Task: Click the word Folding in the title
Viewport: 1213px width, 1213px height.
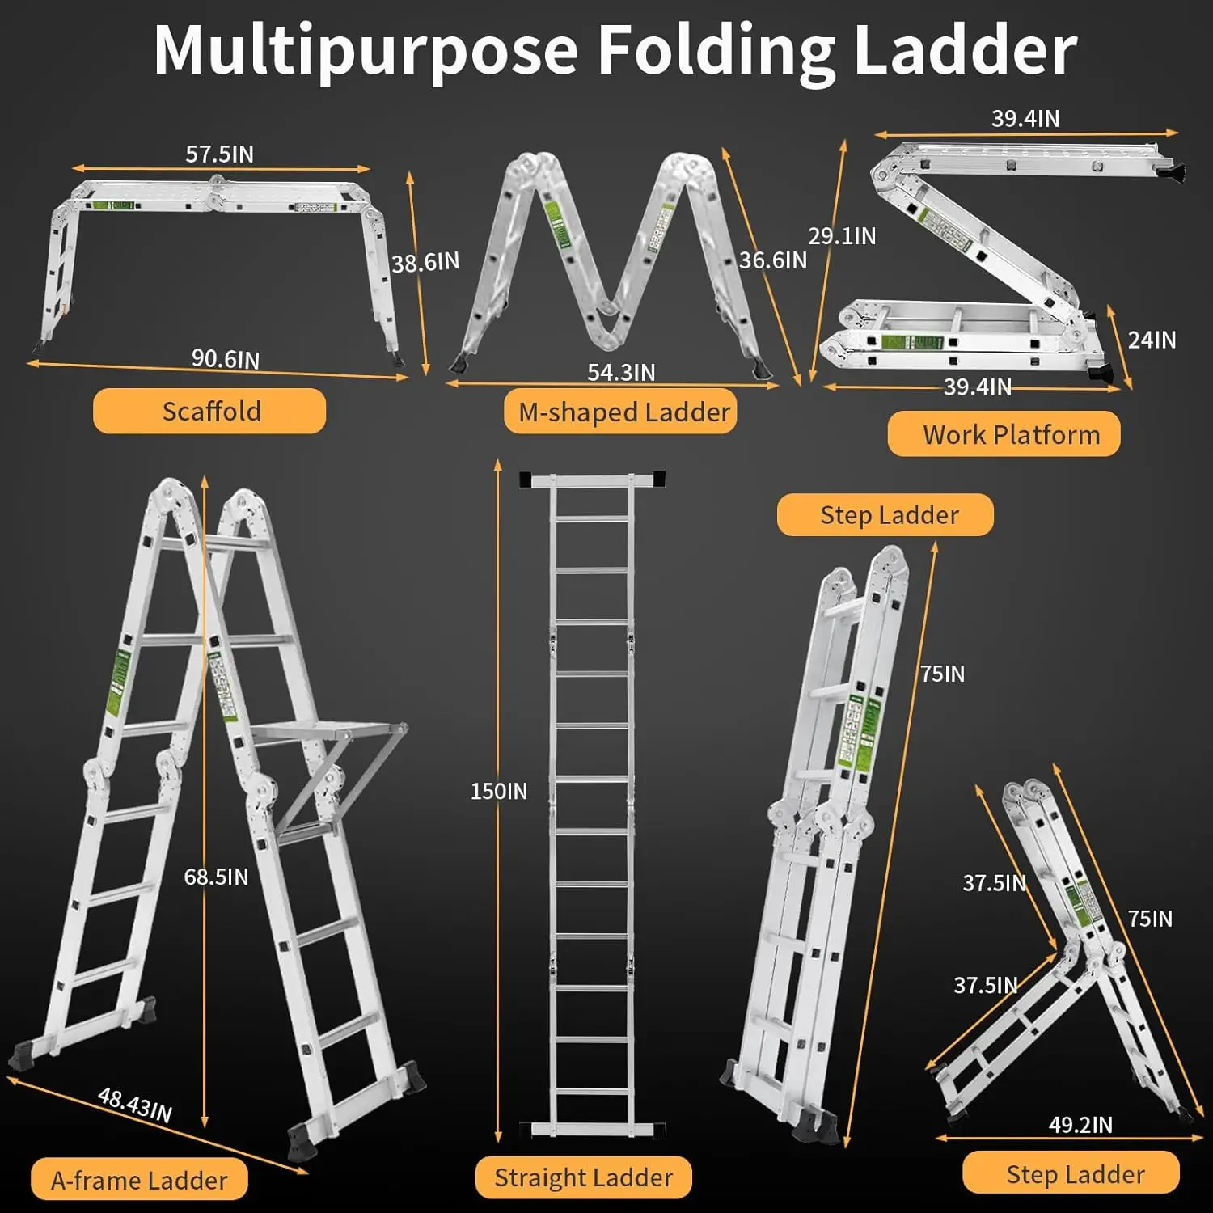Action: [716, 50]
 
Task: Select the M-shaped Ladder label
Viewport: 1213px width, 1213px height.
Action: [623, 412]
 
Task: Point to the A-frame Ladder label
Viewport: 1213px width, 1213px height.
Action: [139, 1180]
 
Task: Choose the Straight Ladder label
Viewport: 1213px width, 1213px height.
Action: [583, 1177]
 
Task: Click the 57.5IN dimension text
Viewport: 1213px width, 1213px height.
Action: [219, 154]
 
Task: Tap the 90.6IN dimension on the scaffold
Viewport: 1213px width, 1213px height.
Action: [225, 358]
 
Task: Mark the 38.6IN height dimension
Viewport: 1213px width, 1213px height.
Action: [425, 262]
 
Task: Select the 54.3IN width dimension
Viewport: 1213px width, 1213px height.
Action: [621, 372]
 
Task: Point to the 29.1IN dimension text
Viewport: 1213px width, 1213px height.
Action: [842, 235]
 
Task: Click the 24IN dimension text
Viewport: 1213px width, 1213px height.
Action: [1152, 340]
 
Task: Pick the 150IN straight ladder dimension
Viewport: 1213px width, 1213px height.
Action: [499, 791]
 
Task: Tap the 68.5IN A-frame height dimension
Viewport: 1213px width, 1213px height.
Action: [216, 877]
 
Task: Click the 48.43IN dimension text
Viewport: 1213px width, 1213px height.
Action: [135, 1105]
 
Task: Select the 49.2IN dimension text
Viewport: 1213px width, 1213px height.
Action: [1080, 1124]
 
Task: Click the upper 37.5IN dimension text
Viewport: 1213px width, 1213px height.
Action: [994, 882]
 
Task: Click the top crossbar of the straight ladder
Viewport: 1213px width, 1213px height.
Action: [592, 480]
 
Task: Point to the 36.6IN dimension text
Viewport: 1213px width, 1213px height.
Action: [772, 260]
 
